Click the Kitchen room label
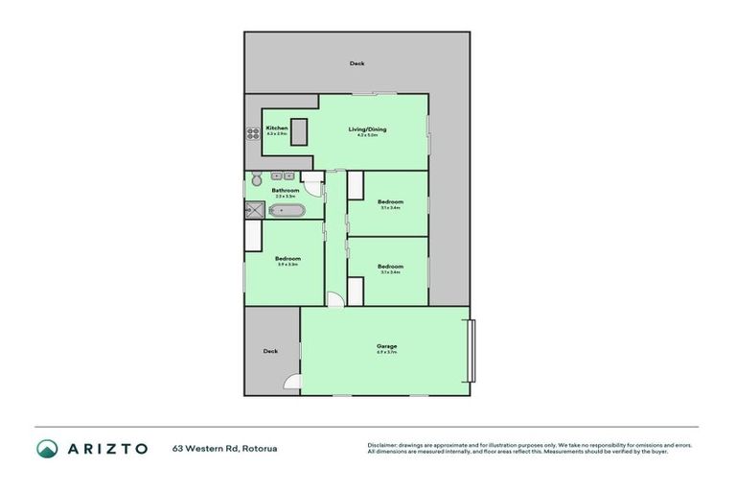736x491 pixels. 277,129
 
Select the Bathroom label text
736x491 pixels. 285,190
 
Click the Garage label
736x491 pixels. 386,346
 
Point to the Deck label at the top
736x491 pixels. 356,63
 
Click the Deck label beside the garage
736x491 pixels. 270,351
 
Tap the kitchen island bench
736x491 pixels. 299,132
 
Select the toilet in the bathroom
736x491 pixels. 256,179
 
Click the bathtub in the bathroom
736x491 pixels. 286,210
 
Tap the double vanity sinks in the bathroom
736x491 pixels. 282,176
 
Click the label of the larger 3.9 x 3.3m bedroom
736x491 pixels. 287,259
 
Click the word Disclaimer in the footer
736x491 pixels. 381,445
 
